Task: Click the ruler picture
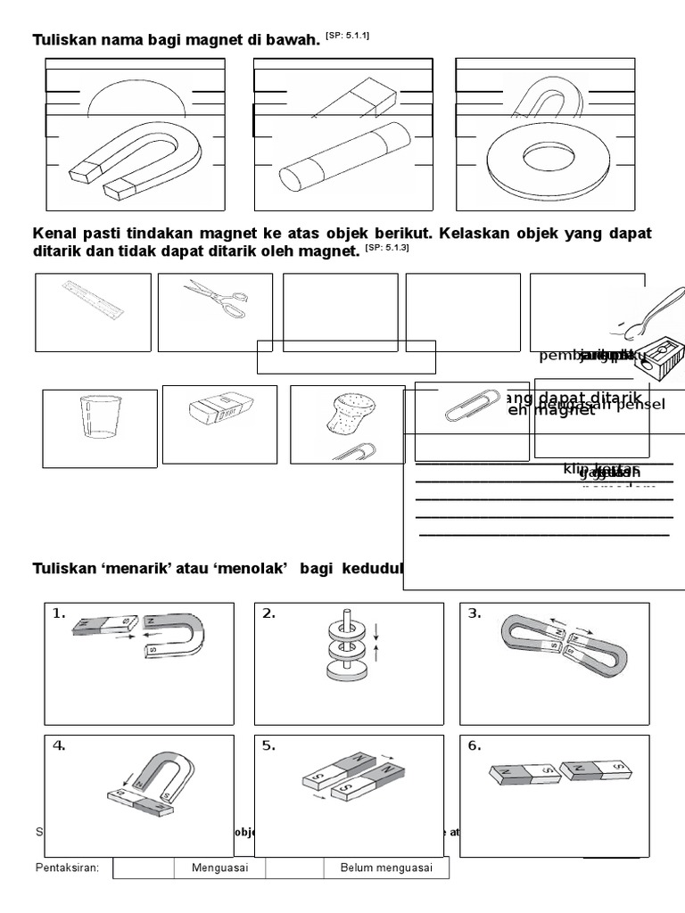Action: coord(93,300)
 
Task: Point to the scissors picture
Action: coord(214,299)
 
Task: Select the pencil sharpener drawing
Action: coord(656,356)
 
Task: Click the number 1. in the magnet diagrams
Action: coord(60,613)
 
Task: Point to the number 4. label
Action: coord(60,746)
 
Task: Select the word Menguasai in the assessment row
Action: coord(219,868)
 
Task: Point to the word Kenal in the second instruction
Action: coord(54,234)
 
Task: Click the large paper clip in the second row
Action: coord(468,406)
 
